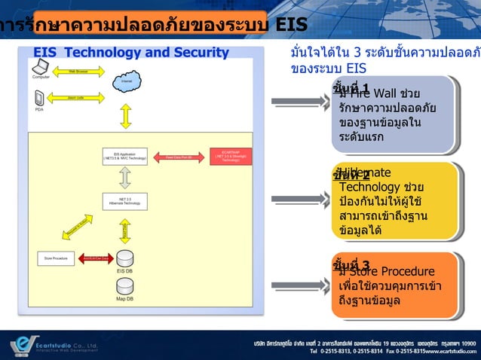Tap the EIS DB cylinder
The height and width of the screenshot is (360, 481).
(x=125, y=258)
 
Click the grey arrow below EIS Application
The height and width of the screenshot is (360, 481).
(x=125, y=178)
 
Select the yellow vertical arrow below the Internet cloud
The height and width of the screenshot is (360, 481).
(x=126, y=114)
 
